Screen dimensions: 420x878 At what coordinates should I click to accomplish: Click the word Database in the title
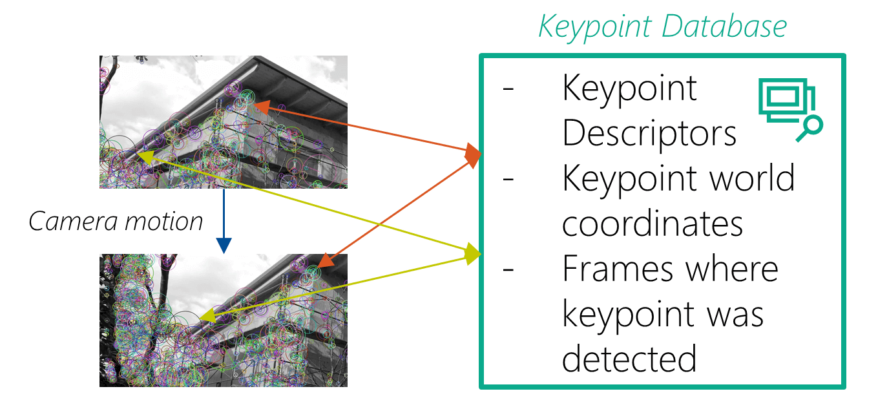pos(729,27)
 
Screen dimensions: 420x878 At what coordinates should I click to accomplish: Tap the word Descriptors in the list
pos(649,133)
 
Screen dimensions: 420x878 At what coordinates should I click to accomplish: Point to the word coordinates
pos(653,223)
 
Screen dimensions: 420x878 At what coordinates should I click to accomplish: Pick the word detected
pos(629,358)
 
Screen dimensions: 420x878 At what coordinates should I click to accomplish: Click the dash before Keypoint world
pos(508,178)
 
